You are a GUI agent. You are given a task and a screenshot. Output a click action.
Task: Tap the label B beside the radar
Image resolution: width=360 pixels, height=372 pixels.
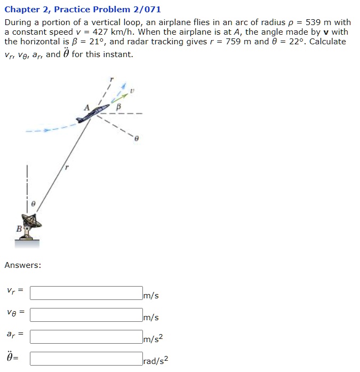[x=19, y=228]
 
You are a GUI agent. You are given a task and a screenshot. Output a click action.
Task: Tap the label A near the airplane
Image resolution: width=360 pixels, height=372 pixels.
[x=86, y=107]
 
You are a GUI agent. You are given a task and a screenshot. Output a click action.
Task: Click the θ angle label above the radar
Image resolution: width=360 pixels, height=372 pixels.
[x=33, y=203]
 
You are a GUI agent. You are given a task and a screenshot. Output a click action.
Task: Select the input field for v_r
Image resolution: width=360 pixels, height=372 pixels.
[x=86, y=293]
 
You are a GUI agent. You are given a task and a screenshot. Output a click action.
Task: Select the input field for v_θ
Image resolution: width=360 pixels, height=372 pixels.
[x=86, y=315]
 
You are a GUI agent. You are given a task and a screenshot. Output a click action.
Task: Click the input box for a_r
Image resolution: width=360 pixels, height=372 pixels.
[x=86, y=336]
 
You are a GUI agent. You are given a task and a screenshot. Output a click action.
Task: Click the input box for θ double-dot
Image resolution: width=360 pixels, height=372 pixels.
[x=86, y=358]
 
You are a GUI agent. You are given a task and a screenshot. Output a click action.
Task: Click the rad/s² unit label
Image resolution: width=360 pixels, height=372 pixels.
[x=156, y=361]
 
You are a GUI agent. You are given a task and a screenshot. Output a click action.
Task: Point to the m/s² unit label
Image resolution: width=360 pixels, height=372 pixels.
[x=153, y=339]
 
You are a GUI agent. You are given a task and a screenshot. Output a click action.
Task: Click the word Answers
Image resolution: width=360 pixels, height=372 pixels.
[x=23, y=265]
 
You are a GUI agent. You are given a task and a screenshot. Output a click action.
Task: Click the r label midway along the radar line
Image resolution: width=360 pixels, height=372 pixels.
[x=66, y=167]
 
